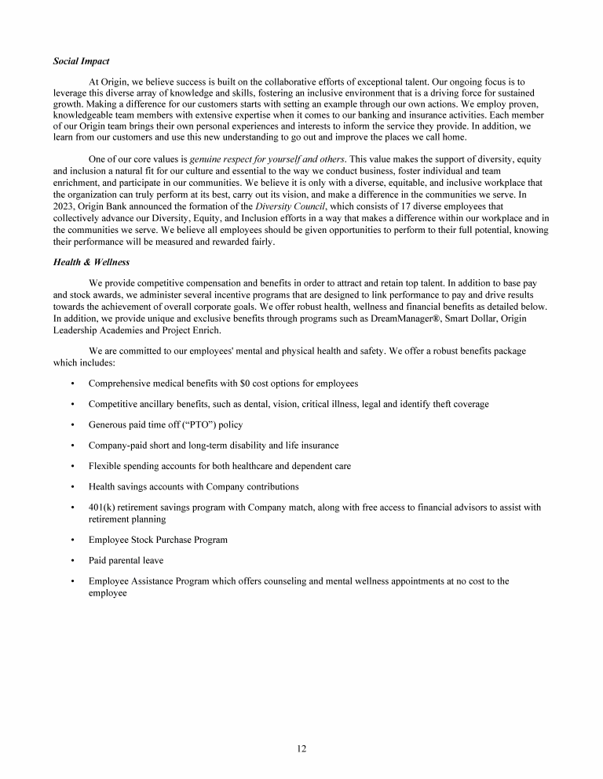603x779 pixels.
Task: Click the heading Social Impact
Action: tap(81, 60)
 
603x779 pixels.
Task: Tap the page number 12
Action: tap(301, 748)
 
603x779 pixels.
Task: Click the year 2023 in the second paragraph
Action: tap(66, 207)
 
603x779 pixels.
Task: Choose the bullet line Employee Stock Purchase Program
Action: tap(158, 541)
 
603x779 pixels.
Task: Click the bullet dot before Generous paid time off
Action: tap(72, 424)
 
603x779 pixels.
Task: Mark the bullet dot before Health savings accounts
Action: tap(72, 486)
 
